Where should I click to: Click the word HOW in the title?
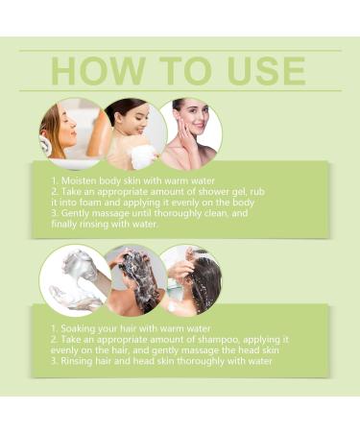tap(98, 71)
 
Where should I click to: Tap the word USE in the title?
tap(267, 71)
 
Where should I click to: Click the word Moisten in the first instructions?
tap(79, 180)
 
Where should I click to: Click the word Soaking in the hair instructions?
tap(78, 328)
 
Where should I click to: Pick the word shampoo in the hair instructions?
tap(217, 340)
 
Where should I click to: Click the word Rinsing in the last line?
tap(76, 361)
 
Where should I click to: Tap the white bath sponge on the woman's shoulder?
tap(146, 157)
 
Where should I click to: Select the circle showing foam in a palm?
tap(76, 281)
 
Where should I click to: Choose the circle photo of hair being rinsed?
tap(191, 280)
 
